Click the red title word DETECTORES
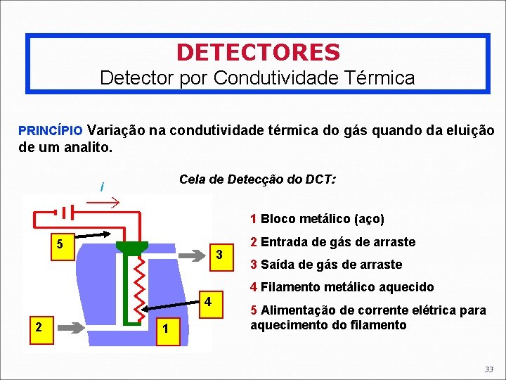[258, 52]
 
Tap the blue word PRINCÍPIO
[51, 131]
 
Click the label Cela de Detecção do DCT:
[257, 179]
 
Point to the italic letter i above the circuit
[103, 186]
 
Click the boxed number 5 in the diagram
[60, 244]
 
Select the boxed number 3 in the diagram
[219, 253]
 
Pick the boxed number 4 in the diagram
[208, 302]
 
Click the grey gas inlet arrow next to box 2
[70, 326]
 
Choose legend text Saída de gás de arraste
[332, 265]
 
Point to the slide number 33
[488, 369]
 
